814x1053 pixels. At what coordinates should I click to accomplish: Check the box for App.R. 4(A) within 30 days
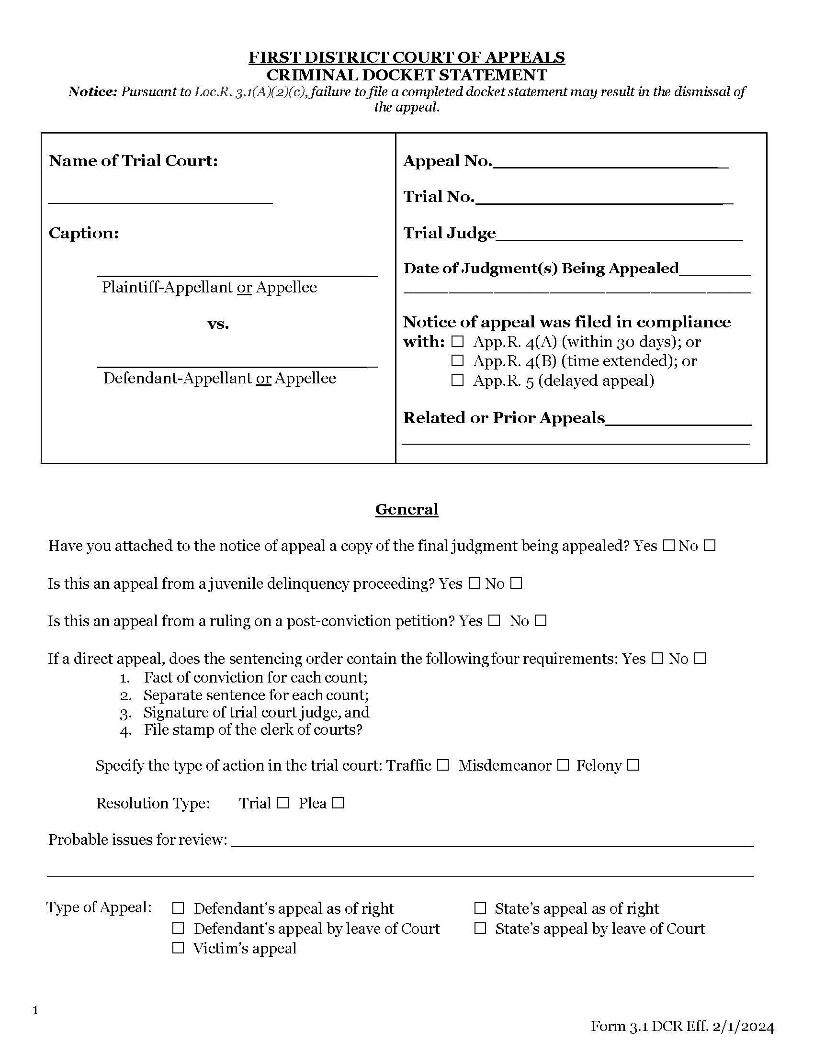(x=457, y=342)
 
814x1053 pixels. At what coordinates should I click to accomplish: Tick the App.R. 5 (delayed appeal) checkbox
(x=457, y=381)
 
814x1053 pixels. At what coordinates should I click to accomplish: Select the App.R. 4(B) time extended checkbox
(x=457, y=360)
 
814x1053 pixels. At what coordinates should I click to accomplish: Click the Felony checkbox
(x=633, y=766)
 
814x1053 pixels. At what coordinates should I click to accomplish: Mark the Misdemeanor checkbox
(x=563, y=766)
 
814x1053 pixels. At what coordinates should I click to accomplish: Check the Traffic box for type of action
(x=443, y=766)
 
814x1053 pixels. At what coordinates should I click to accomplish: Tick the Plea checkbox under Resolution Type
(x=338, y=803)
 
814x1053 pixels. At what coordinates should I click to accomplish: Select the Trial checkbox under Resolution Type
(x=283, y=803)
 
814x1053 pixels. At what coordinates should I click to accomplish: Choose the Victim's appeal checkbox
(x=179, y=948)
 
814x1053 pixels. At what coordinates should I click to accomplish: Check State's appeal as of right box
(x=480, y=908)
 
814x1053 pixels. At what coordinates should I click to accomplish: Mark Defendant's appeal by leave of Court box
(x=179, y=928)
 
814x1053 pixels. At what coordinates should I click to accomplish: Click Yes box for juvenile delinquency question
(x=475, y=584)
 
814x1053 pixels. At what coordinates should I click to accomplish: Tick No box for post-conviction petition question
(x=541, y=621)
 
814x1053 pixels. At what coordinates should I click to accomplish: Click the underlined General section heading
(x=407, y=510)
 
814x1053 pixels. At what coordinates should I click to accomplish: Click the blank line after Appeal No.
(x=610, y=164)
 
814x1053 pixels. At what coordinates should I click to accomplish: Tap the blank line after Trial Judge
(x=619, y=236)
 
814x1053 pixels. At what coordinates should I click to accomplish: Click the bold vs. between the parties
(x=218, y=324)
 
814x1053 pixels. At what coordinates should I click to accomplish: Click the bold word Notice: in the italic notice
(x=92, y=91)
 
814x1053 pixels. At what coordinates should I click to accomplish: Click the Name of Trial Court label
(x=133, y=160)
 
